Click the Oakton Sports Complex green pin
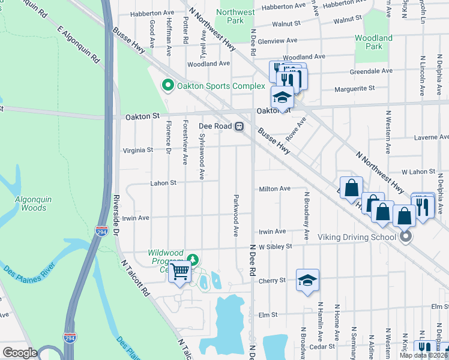click(x=168, y=86)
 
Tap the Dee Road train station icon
click(x=239, y=127)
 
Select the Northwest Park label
click(x=235, y=16)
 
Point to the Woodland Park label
click(x=373, y=42)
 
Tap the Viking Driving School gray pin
click(x=406, y=237)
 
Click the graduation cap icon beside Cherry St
click(x=307, y=280)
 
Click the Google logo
click(x=20, y=353)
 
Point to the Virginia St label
click(x=137, y=150)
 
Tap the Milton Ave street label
click(x=274, y=188)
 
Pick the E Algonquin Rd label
click(x=78, y=44)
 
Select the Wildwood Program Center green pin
click(x=192, y=260)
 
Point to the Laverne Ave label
click(x=431, y=137)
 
